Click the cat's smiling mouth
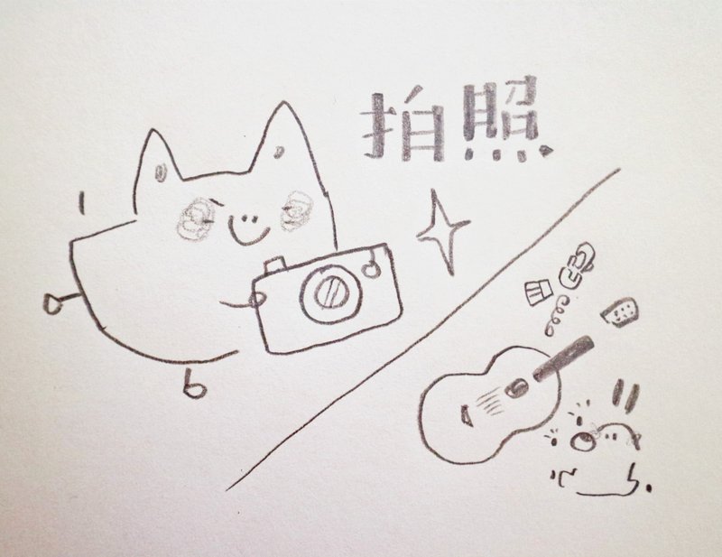[249, 229]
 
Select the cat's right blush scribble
[297, 211]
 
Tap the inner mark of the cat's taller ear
[278, 152]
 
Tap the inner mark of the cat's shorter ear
[160, 172]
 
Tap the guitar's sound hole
[515, 387]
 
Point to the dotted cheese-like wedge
[620, 312]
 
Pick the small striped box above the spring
[538, 292]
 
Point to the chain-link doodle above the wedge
[575, 265]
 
